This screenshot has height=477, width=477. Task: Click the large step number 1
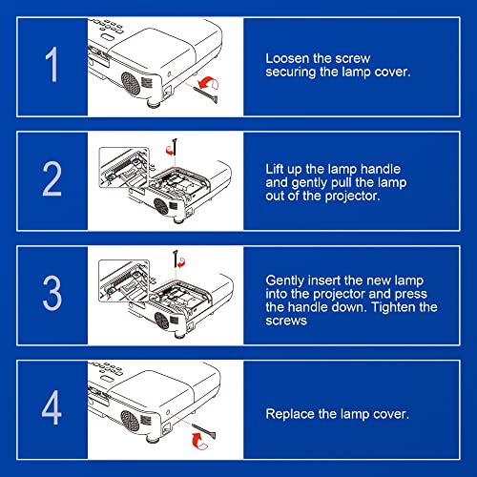(x=52, y=64)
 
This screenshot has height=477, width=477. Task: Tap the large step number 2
(x=52, y=178)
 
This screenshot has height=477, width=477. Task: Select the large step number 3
(x=52, y=293)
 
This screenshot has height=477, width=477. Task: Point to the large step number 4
(x=52, y=407)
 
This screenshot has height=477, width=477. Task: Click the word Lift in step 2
(x=275, y=169)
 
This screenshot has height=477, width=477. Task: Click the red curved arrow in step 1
(x=208, y=83)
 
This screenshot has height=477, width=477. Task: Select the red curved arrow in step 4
(x=199, y=441)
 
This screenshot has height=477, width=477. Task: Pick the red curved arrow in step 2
(x=170, y=150)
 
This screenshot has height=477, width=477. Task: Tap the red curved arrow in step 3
(x=181, y=262)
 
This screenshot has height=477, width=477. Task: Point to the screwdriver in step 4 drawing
(x=203, y=431)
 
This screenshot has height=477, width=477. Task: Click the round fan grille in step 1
(x=131, y=84)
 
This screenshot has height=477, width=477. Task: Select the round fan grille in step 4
(x=130, y=421)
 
